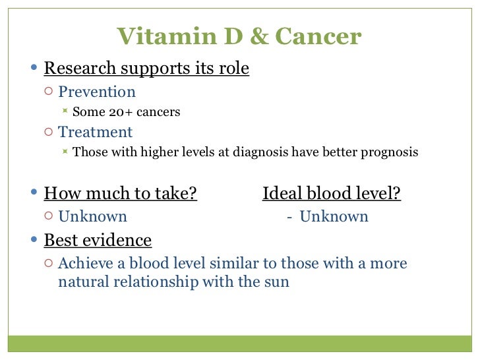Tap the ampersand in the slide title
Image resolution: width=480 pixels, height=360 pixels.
coord(256,36)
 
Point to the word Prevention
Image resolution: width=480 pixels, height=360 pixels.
coord(97,92)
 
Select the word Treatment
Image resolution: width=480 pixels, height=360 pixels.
coord(95,132)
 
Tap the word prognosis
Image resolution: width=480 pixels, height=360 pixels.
coord(389,152)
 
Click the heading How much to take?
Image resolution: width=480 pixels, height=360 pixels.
coord(121,194)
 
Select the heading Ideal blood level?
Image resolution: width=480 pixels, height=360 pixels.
coord(332,194)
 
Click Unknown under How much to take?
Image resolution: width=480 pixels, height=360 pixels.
coord(92,216)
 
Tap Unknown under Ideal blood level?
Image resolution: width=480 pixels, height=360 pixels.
coord(334,216)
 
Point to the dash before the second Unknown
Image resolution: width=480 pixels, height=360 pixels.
coord(289,217)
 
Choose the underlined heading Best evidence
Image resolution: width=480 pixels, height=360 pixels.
coord(98,240)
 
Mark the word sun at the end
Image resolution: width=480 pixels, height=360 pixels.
coord(276,282)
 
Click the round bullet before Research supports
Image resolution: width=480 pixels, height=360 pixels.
coord(35,69)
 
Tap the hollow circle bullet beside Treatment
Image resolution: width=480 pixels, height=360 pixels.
coord(49,133)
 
